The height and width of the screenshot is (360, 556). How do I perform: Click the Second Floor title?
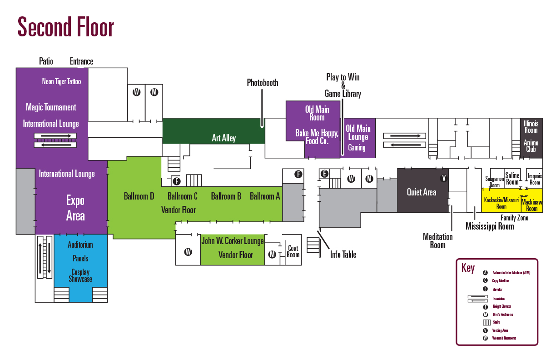(66, 27)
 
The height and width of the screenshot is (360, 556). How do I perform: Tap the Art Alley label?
(223, 138)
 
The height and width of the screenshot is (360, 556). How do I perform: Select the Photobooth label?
(262, 82)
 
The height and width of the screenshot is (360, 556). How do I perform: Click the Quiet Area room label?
(421, 192)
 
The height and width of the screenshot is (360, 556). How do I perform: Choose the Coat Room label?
(293, 251)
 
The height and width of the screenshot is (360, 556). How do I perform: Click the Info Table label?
(343, 255)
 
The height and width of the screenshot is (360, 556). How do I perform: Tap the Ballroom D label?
(139, 196)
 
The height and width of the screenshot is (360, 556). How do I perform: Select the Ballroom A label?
(265, 196)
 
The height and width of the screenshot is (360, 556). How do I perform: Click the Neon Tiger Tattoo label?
(61, 81)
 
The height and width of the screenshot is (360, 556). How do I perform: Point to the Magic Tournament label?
(51, 107)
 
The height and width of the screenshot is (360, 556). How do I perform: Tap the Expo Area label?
(75, 208)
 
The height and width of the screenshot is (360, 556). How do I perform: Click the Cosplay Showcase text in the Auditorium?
(80, 275)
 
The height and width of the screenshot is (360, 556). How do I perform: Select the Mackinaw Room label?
(531, 205)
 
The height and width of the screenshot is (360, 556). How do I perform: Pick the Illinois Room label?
(531, 127)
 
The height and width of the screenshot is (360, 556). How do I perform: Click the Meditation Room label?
(437, 241)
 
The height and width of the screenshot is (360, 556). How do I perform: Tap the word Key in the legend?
(468, 267)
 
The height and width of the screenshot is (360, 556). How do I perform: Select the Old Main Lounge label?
(358, 133)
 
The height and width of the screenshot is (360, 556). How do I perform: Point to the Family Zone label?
(514, 218)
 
